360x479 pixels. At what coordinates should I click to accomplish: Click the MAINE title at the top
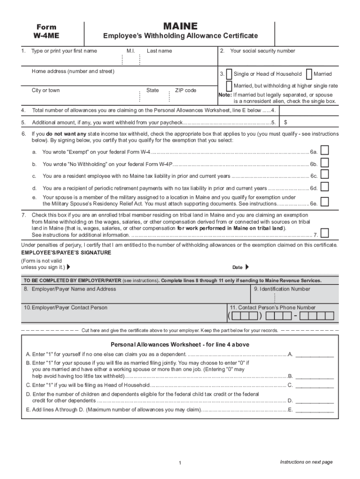pos(180,26)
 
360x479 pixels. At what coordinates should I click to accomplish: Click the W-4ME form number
pos(46,36)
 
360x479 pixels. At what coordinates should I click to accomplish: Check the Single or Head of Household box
pos(229,74)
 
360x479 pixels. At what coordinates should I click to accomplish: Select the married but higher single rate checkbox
pos(229,86)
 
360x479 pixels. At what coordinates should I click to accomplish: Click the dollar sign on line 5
pos(286,123)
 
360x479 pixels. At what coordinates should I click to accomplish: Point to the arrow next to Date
pos(247,267)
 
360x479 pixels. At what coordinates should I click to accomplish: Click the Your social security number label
pos(262,51)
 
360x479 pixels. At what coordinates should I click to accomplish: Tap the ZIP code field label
pos(186,90)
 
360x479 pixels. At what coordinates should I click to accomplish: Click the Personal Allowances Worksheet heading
pos(180,344)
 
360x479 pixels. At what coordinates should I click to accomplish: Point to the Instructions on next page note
pos(306,462)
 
